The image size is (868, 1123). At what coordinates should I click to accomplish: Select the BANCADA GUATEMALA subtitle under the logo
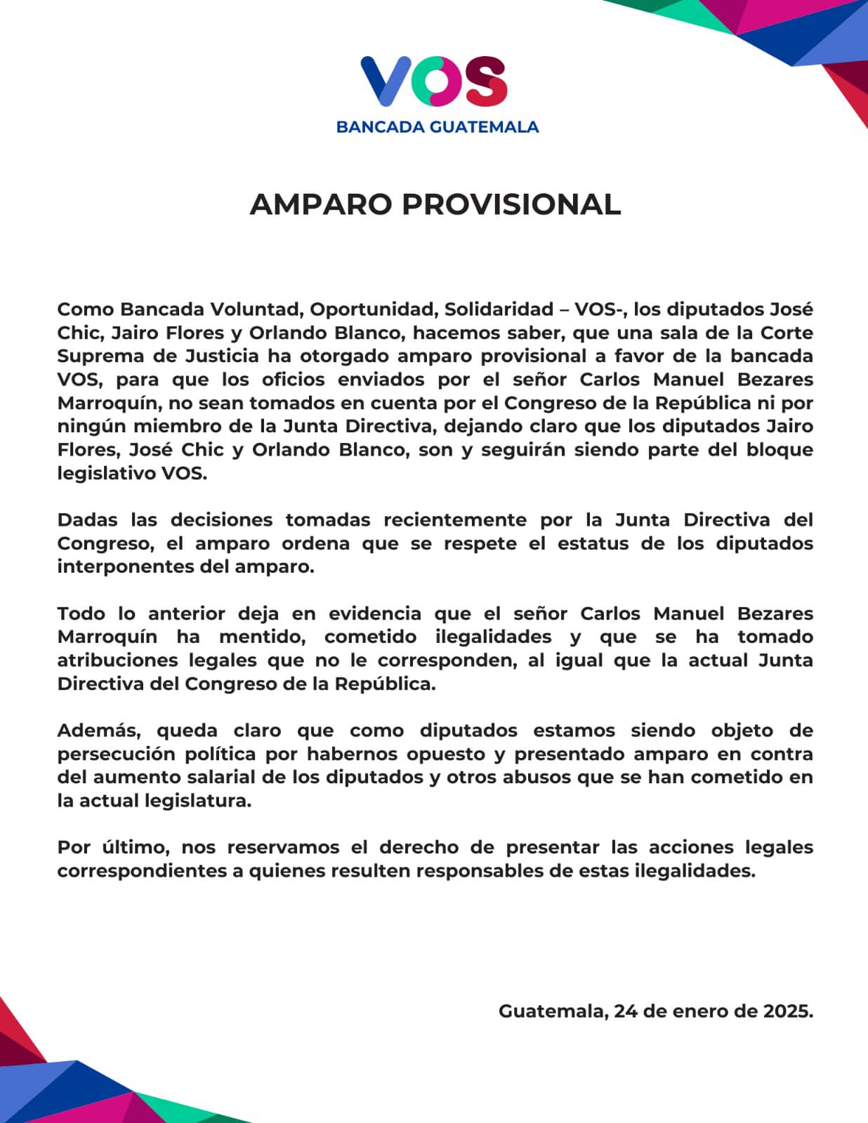438,127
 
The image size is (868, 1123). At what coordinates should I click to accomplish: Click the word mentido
263,637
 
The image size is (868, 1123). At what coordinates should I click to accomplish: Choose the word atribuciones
116,660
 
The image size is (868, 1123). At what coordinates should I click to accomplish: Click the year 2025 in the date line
788,1011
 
